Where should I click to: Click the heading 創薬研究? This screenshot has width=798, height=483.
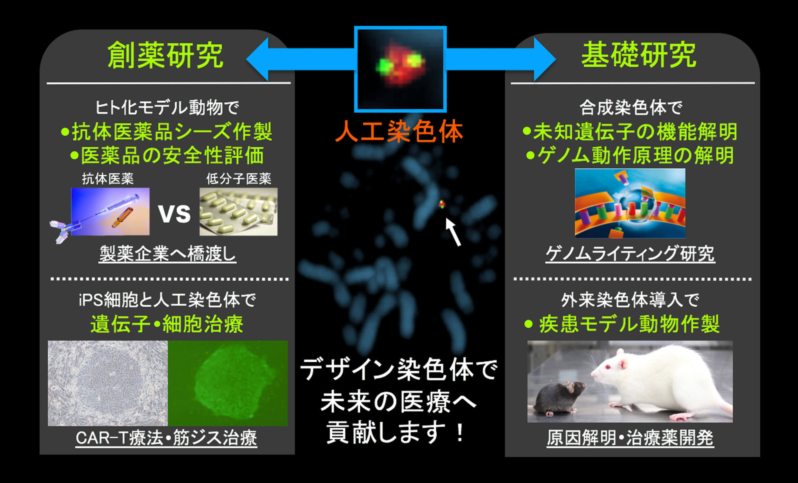165,55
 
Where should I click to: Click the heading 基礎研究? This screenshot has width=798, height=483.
639,55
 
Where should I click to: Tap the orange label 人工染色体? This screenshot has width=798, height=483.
399,131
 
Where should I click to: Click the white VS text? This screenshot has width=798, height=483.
174,213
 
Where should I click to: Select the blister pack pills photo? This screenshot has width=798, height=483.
238,211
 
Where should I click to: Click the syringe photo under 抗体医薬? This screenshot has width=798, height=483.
110,211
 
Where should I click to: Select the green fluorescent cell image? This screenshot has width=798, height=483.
228,383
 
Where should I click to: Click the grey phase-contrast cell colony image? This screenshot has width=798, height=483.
108,383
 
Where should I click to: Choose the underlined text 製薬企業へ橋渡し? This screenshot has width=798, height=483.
167,254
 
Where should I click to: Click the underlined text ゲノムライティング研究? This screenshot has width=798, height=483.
630,254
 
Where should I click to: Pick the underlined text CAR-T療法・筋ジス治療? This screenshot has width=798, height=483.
166,438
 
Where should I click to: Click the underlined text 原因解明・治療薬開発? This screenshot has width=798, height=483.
630,438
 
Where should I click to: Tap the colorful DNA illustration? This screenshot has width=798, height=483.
630,203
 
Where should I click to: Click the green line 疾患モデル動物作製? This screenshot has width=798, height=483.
622,324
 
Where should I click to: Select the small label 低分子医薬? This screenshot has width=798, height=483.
239,179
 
